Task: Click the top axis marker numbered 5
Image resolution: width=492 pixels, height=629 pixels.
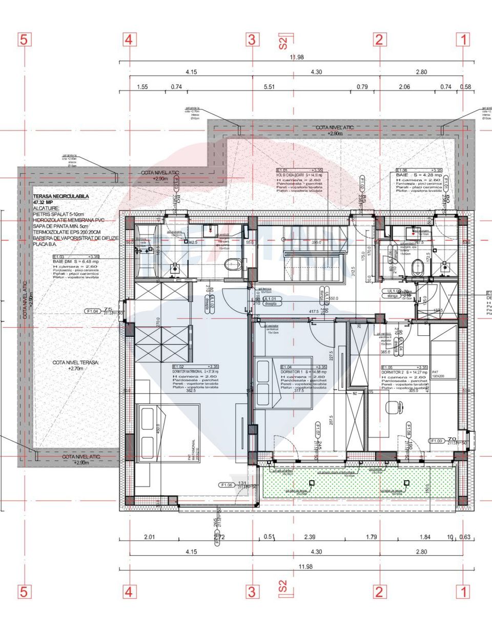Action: (x=24, y=39)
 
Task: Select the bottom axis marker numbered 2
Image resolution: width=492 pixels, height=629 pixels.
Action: (x=379, y=592)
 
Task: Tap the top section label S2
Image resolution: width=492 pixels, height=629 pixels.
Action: (x=283, y=41)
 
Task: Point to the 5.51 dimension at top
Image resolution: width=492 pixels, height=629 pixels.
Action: (x=269, y=87)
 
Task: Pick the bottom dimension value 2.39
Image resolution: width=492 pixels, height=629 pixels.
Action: (x=310, y=537)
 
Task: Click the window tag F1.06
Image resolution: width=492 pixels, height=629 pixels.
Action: (x=226, y=484)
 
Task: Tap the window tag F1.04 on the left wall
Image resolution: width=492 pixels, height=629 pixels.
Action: (x=93, y=311)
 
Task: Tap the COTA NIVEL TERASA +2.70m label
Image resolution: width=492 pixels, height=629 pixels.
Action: (x=76, y=365)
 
